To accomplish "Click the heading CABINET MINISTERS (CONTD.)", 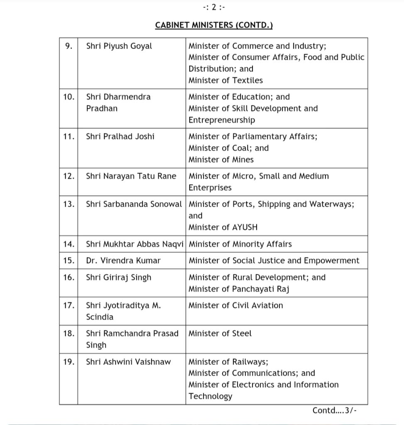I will coord(214,25).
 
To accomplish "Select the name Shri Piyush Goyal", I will coord(119,46).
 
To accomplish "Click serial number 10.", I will coord(69,97).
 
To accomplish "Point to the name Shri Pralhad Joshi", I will coord(120,136).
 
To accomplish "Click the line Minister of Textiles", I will coord(225,80).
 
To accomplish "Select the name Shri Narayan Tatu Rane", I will coord(131,176).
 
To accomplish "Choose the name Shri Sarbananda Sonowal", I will coord(134,204).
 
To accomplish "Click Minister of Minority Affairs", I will coord(240,244).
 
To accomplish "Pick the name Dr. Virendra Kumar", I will coord(123,261).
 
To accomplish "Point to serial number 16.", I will coord(69,277).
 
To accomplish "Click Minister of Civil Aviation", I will coord(235,305).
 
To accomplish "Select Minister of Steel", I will coord(220,333).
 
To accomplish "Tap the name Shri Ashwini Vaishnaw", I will coord(128,361).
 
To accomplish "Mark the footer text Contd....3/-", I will coord(335,410).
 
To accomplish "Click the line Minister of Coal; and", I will coord(228,148).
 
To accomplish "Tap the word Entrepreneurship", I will coord(222,120).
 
